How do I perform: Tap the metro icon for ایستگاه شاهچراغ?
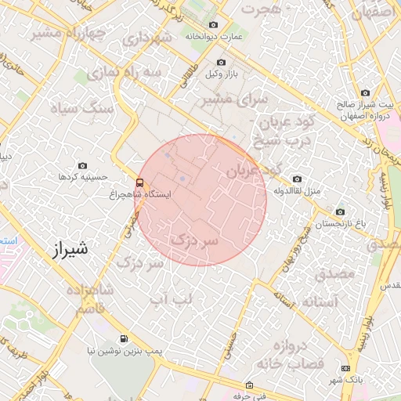click(x=140, y=183)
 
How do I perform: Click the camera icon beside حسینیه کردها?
click(x=83, y=166)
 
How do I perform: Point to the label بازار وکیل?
click(x=222, y=74)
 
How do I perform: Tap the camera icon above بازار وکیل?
click(x=221, y=62)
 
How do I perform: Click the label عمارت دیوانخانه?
click(x=213, y=36)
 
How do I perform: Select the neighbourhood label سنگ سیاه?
click(x=82, y=109)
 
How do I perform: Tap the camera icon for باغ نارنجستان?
click(x=340, y=211)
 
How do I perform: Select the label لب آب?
click(x=171, y=299)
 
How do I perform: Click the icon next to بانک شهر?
click(x=346, y=368)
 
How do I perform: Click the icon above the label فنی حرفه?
click(x=249, y=385)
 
